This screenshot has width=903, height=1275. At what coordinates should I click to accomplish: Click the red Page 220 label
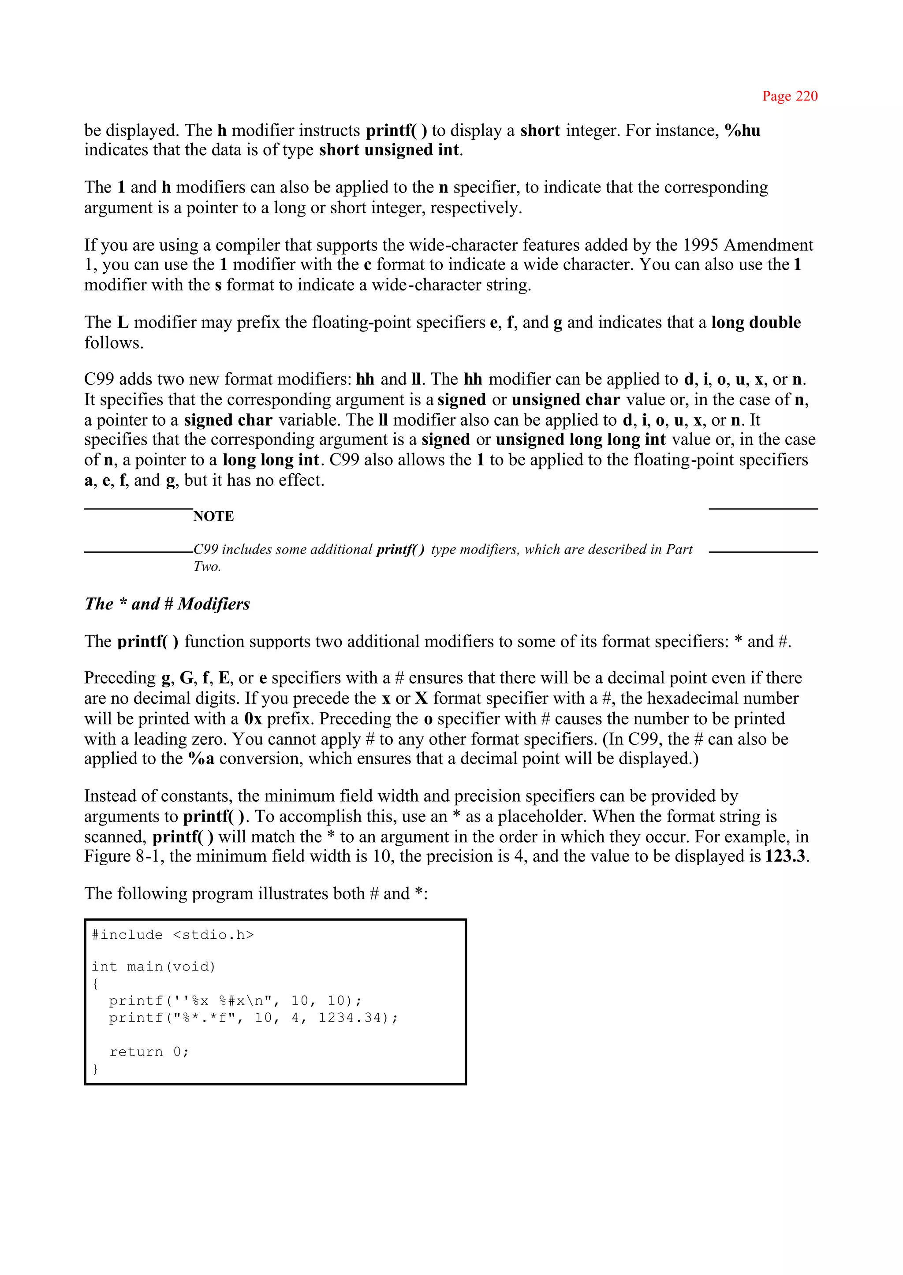point(790,96)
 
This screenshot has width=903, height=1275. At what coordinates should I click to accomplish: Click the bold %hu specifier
point(743,130)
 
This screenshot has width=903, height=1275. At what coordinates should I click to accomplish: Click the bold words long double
point(756,322)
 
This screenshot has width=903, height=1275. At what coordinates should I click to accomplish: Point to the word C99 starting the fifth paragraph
point(99,379)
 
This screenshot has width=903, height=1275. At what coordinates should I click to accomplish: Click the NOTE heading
point(213,517)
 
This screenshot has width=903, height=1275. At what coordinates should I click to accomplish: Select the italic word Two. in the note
point(207,566)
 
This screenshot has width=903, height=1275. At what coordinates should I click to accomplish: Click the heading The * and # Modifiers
point(168,604)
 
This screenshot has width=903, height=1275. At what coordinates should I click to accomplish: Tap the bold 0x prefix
point(253,719)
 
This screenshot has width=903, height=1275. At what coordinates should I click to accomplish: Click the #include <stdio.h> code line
point(172,935)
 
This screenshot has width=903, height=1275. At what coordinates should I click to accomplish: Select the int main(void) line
point(153,966)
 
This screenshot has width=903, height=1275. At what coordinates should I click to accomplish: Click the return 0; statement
point(149,1052)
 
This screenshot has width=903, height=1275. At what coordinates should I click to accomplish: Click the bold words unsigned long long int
point(581,440)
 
